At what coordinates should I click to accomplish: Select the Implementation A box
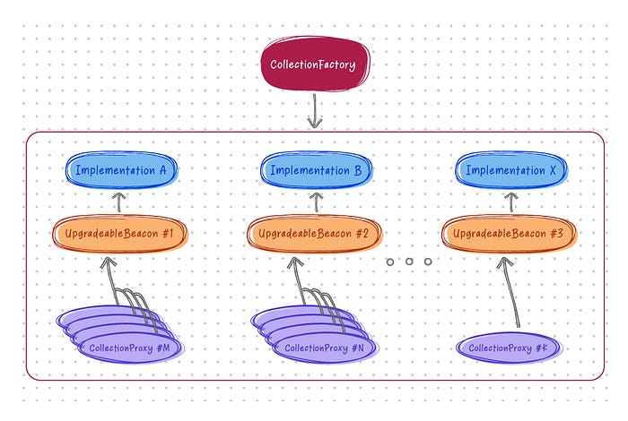click(121, 170)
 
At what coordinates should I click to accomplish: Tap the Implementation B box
click(317, 170)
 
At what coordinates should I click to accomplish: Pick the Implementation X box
click(512, 170)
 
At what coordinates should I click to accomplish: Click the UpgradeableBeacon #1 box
click(124, 234)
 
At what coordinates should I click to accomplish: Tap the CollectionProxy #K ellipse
click(507, 348)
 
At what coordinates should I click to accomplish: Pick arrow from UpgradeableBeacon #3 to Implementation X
click(512, 202)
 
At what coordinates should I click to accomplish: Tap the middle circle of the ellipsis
click(408, 262)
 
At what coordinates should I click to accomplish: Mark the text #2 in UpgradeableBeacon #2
click(362, 234)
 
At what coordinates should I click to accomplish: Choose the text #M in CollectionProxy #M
click(176, 348)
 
